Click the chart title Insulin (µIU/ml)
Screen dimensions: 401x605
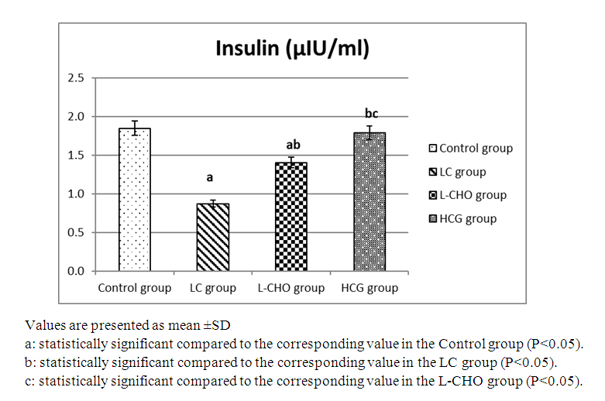pyautogui.click(x=292, y=50)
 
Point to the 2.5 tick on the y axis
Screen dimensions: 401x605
pyautogui.click(x=75, y=78)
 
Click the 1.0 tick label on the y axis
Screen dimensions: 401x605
pyautogui.click(x=75, y=194)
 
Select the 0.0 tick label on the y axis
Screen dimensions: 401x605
pyautogui.click(x=75, y=271)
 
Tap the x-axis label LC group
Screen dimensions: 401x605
pyautogui.click(x=212, y=289)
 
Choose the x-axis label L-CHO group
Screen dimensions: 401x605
pyautogui.click(x=291, y=289)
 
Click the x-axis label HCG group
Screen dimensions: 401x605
pyautogui.click(x=370, y=289)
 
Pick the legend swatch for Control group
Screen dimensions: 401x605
pyautogui.click(x=434, y=149)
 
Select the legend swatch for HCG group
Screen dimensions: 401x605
pyautogui.click(x=434, y=219)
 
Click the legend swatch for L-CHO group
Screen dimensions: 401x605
pyautogui.click(x=434, y=196)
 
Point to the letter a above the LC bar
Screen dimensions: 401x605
pyautogui.click(x=209, y=177)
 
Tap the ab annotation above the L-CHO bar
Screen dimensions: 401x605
pyautogui.click(x=293, y=145)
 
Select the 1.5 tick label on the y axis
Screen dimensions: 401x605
pyautogui.click(x=75, y=155)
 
